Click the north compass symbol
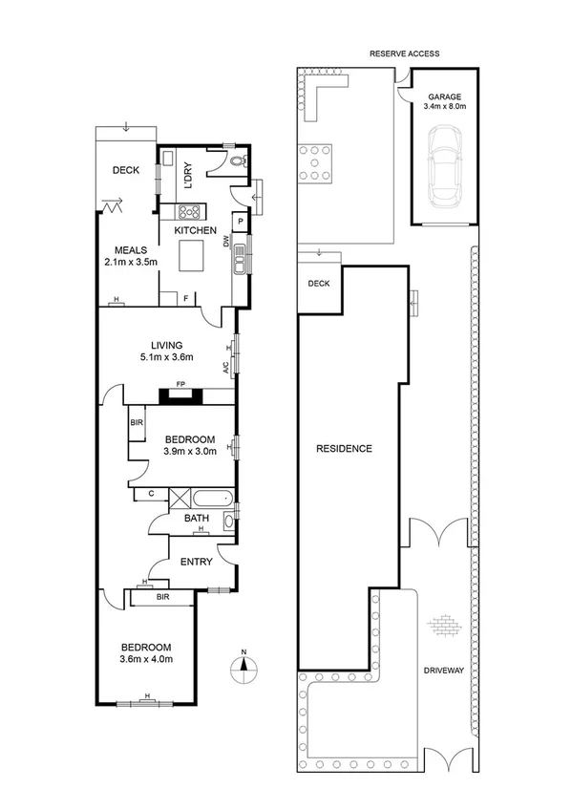244,666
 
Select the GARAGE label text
444,97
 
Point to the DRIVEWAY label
444,671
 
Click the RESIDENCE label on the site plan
345,448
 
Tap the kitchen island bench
196,256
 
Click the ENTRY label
196,563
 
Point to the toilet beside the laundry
238,162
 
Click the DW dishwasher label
226,243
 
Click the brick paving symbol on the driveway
444,626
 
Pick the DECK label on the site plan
318,284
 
